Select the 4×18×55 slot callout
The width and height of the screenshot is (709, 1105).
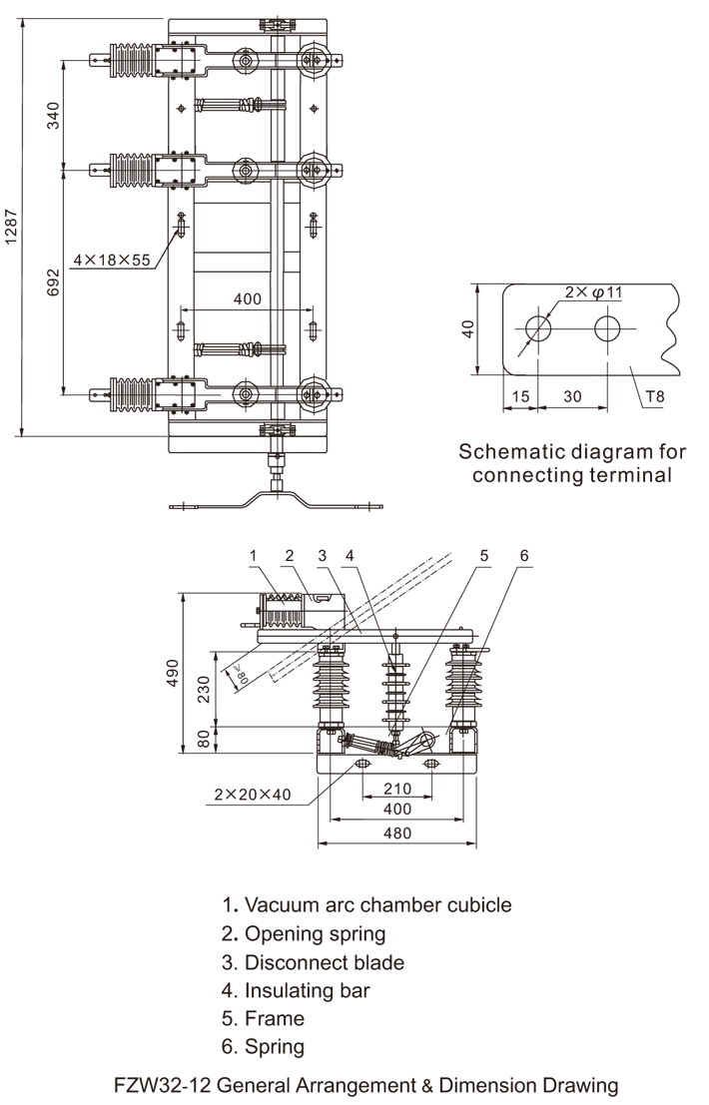(111, 260)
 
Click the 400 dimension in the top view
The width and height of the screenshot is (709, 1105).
(248, 299)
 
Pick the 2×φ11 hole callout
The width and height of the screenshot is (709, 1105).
(593, 292)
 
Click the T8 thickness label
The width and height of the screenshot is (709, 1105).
(654, 396)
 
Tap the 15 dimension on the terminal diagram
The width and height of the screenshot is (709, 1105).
(519, 396)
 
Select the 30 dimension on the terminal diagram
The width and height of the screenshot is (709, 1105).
(572, 396)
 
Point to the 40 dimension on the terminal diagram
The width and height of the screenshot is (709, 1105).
(467, 328)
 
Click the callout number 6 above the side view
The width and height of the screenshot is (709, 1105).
(523, 555)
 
